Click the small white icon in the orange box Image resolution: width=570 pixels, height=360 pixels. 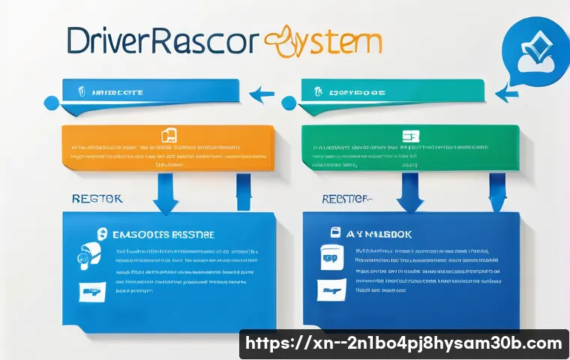click(169, 136)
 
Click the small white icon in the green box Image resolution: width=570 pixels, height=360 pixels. click(409, 136)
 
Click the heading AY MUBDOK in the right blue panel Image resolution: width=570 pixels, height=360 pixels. click(386, 234)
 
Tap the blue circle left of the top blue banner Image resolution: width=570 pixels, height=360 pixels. click(52, 101)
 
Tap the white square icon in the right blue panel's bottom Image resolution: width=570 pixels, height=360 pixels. click(327, 287)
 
